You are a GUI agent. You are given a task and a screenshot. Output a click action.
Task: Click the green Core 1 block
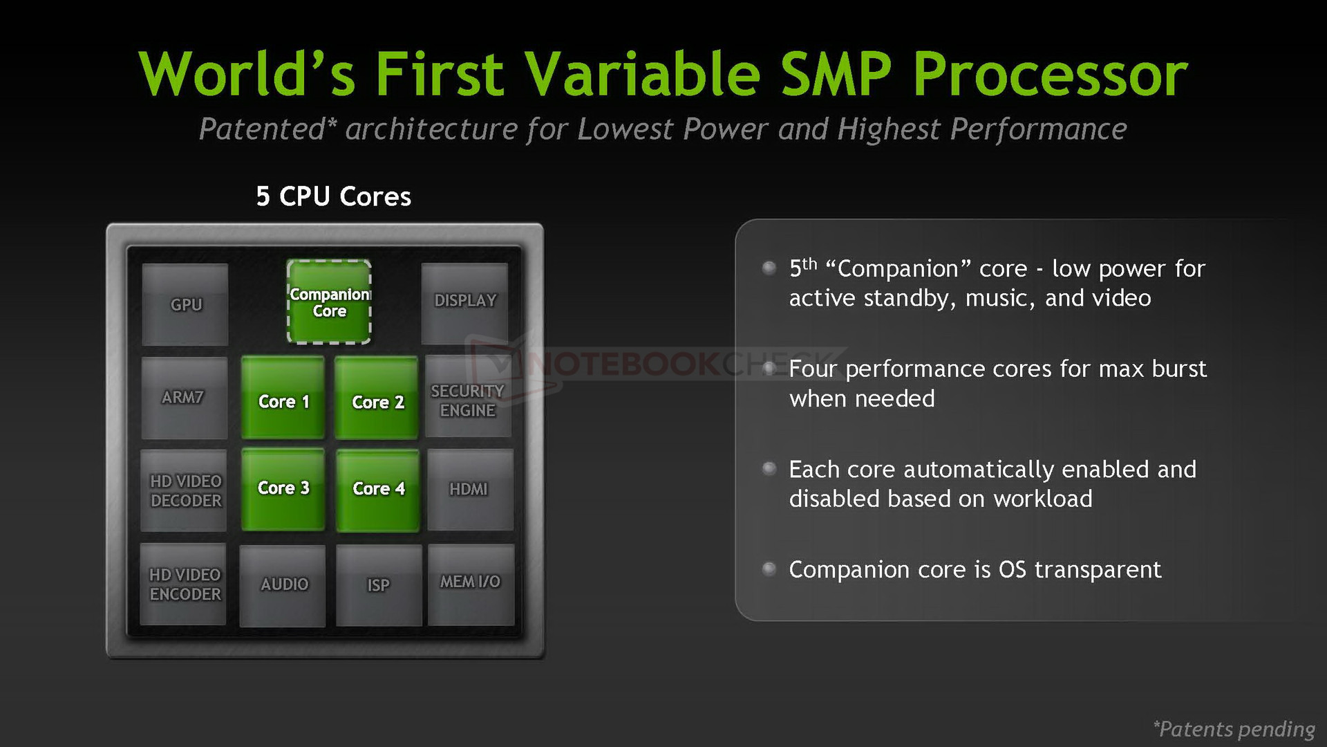pyautogui.click(x=283, y=398)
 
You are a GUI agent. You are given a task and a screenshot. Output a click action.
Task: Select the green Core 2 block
pyautogui.click(x=377, y=398)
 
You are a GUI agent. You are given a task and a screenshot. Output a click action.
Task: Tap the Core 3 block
pyautogui.click(x=283, y=490)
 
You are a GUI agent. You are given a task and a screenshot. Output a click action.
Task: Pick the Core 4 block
pyautogui.click(x=377, y=490)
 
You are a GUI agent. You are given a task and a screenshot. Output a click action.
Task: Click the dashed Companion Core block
pyautogui.click(x=329, y=302)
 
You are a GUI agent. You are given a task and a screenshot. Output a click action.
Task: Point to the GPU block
pyautogui.click(x=185, y=304)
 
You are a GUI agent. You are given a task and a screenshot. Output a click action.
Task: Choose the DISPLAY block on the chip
pyautogui.click(x=464, y=303)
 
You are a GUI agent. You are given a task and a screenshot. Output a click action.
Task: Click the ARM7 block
pyautogui.click(x=185, y=398)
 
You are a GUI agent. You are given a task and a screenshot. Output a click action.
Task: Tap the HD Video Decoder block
pyautogui.click(x=184, y=490)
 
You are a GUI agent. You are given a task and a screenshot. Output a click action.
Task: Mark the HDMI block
pyautogui.click(x=470, y=490)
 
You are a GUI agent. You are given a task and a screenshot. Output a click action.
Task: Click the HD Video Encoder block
pyautogui.click(x=183, y=584)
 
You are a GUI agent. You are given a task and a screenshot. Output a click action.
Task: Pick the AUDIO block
pyautogui.click(x=283, y=586)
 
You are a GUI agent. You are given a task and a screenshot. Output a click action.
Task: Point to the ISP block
pyautogui.click(x=379, y=585)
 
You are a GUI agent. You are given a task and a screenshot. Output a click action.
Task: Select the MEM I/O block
pyautogui.click(x=471, y=584)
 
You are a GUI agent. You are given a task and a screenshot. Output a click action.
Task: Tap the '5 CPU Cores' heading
pyautogui.click(x=334, y=196)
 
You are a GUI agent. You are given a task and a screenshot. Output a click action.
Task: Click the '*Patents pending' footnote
pyautogui.click(x=1234, y=729)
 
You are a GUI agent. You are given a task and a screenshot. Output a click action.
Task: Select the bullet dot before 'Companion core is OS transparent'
pyautogui.click(x=769, y=569)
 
